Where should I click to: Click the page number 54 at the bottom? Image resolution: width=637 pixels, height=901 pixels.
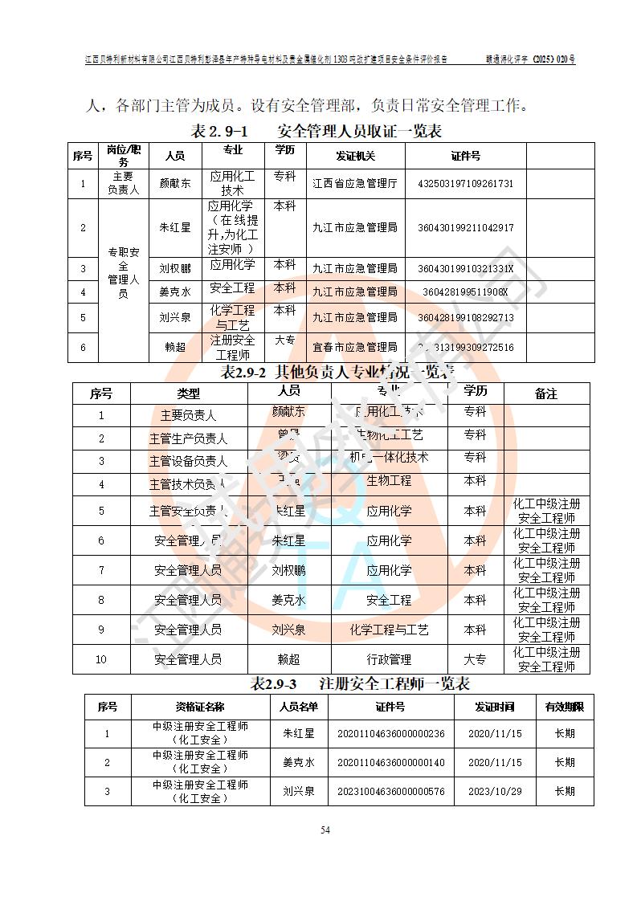325,830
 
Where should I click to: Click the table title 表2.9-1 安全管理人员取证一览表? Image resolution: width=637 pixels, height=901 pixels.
316,131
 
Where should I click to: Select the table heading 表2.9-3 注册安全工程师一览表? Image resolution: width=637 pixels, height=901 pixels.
360,684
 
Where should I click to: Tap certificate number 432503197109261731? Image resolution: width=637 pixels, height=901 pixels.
465,183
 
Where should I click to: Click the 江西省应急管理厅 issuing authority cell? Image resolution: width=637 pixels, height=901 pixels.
355,183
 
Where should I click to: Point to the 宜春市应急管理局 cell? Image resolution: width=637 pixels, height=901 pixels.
355,347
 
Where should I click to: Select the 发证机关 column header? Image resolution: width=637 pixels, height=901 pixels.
355,156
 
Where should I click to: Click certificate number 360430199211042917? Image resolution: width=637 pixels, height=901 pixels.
465,227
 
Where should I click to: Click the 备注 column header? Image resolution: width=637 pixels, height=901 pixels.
546,393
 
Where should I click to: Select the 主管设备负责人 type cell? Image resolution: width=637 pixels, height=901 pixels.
188,461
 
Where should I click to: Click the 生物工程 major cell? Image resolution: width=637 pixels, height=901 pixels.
389,481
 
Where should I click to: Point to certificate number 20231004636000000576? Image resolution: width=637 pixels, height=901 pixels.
390,791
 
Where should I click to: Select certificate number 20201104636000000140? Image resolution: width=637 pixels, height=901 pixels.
390,762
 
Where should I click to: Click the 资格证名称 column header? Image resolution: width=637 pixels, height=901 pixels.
200,707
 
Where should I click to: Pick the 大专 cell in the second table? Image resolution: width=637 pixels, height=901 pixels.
476,659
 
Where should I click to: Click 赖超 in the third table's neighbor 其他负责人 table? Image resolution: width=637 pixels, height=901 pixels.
288,659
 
